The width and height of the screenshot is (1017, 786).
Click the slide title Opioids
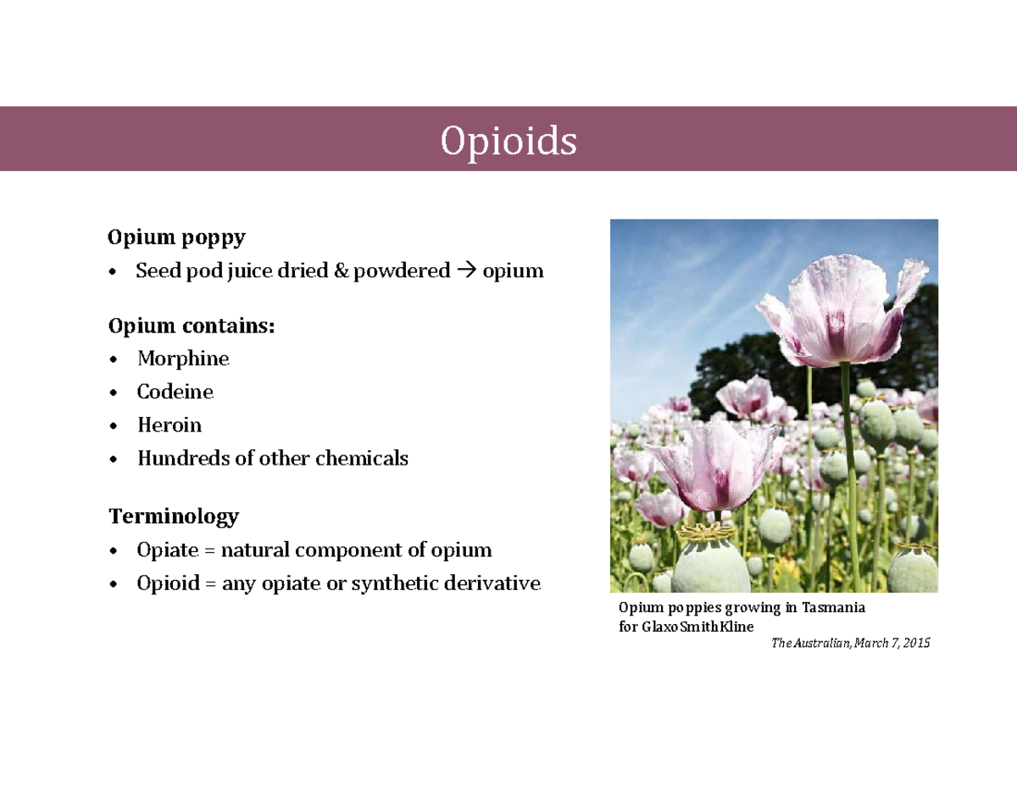(508, 142)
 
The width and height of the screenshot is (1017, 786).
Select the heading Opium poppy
(176, 237)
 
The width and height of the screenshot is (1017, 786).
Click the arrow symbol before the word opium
(466, 271)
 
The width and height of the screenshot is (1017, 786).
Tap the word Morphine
(183, 359)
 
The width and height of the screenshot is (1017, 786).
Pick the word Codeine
(175, 392)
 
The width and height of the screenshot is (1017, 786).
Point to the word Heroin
(169, 425)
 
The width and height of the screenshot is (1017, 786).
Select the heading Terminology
(173, 516)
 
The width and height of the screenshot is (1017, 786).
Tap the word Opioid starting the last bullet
(167, 583)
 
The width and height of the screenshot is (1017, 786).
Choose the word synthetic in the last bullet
(394, 583)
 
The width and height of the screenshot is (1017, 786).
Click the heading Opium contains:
(192, 326)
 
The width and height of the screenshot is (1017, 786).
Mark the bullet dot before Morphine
(114, 360)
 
